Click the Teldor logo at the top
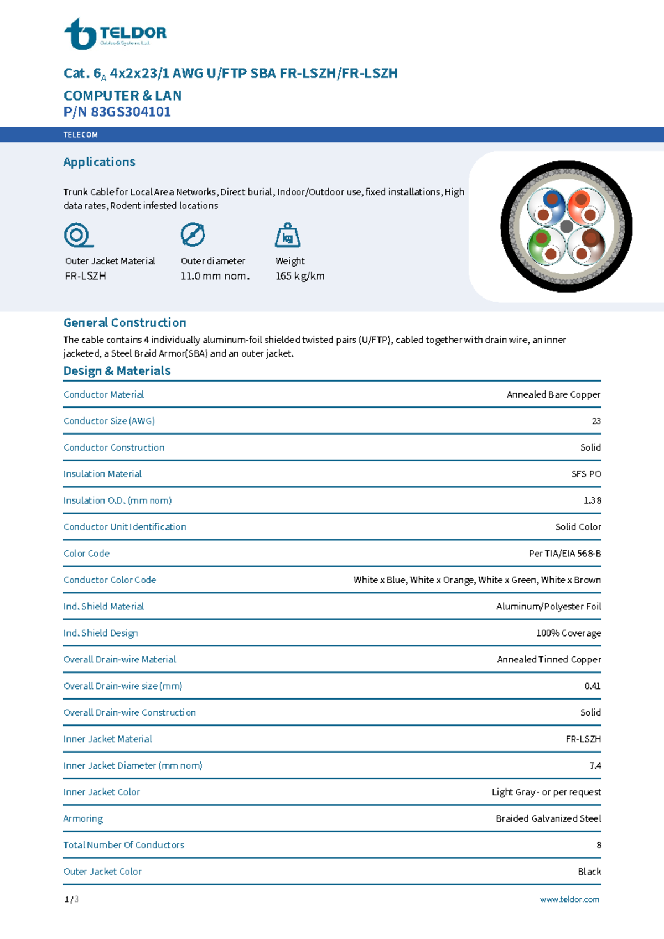[x=115, y=34]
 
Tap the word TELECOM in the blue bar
[x=80, y=134]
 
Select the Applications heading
[x=99, y=162]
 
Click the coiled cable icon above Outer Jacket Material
[x=77, y=235]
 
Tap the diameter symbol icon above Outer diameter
[x=193, y=235]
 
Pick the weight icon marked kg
[x=287, y=236]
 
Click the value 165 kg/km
[x=300, y=276]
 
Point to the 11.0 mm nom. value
[x=215, y=276]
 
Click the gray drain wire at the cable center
[x=566, y=226]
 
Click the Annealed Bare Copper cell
[x=553, y=394]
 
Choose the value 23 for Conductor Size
[x=596, y=421]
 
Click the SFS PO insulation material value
[x=586, y=474]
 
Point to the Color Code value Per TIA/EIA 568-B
[x=564, y=554]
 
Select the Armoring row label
[x=83, y=818]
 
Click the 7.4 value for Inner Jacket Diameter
[x=595, y=765]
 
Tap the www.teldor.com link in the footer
[x=569, y=899]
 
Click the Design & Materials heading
[x=117, y=371]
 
